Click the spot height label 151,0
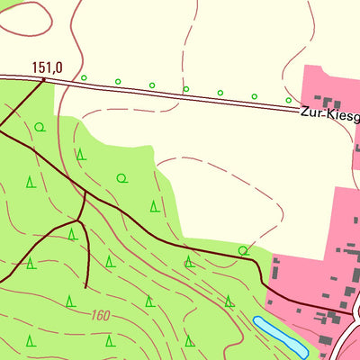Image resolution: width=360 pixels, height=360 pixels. coord(47,67)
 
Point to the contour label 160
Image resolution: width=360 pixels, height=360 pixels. coord(101,316)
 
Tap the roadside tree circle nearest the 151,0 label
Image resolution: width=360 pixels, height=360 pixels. coord(84,77)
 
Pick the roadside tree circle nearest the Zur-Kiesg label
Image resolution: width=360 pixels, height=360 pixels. coord(288,100)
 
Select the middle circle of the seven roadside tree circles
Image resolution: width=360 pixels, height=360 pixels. coord(185,89)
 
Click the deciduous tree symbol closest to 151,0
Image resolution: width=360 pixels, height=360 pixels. coord(40,127)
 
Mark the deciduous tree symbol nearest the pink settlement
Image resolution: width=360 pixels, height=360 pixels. coord(243,249)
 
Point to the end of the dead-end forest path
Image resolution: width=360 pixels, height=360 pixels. coord(85,286)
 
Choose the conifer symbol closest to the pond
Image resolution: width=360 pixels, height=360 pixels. coord(229,301)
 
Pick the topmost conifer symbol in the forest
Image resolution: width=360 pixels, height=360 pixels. coord(81,154)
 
